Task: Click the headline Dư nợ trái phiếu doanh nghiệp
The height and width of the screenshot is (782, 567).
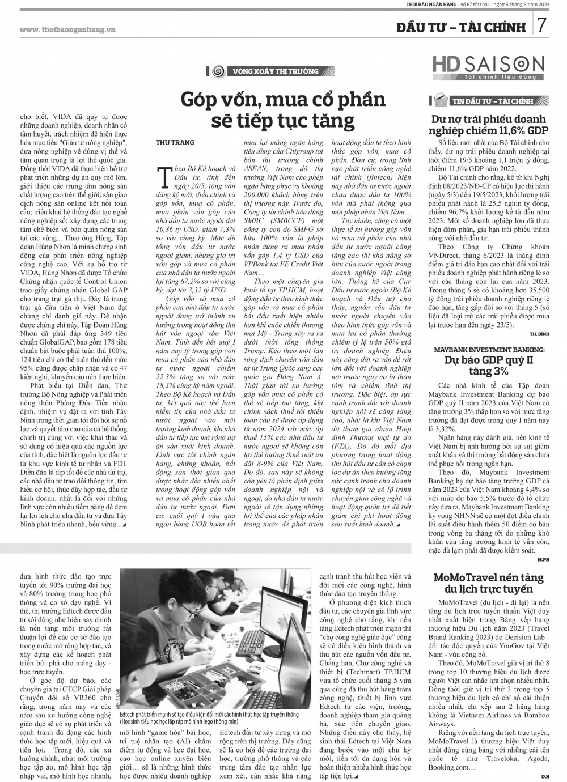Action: (x=488, y=125)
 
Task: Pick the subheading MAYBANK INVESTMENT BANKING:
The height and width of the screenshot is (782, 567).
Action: (x=488, y=350)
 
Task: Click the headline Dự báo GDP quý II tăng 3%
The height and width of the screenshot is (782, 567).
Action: (x=488, y=365)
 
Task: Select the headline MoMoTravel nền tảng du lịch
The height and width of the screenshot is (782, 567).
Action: (x=488, y=584)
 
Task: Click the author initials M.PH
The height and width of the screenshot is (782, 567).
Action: (x=542, y=559)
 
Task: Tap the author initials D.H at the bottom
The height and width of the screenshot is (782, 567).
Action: (x=544, y=776)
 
